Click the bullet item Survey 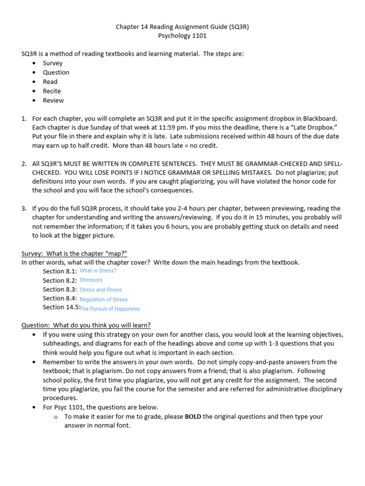(x=52, y=63)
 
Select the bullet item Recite (x=52, y=91)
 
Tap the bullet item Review (x=53, y=101)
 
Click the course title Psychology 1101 (x=182, y=36)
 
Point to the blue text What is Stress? (x=98, y=271)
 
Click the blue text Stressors (x=91, y=280)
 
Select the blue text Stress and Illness (x=100, y=290)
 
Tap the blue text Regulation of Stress (x=104, y=299)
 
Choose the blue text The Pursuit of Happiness (x=110, y=309)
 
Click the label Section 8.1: (x=60, y=271)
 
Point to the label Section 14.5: (x=61, y=307)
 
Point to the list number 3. (x=24, y=208)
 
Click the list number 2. (x=24, y=164)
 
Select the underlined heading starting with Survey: (x=74, y=253)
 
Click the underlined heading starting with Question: (x=86, y=325)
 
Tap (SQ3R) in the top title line (x=238, y=27)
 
